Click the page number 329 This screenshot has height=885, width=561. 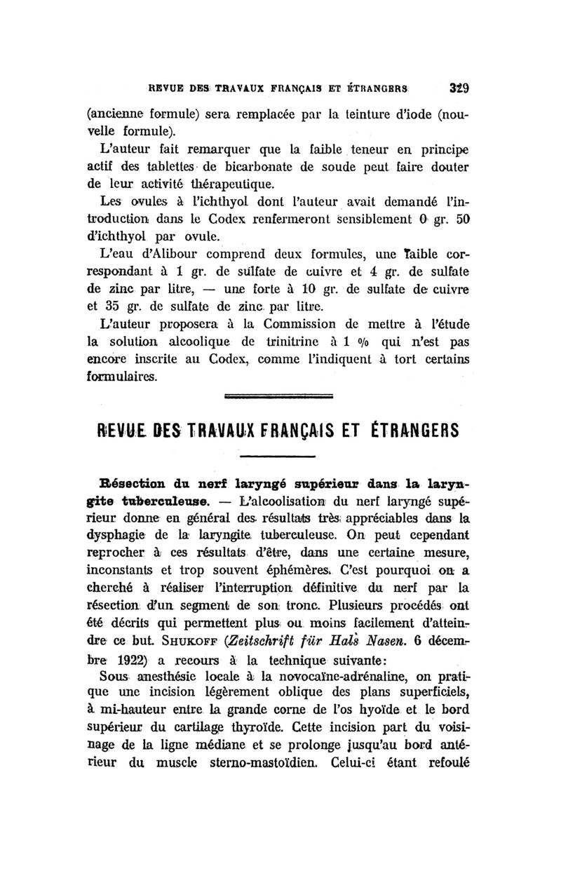coord(459,89)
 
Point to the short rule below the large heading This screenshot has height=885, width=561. coord(278,459)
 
